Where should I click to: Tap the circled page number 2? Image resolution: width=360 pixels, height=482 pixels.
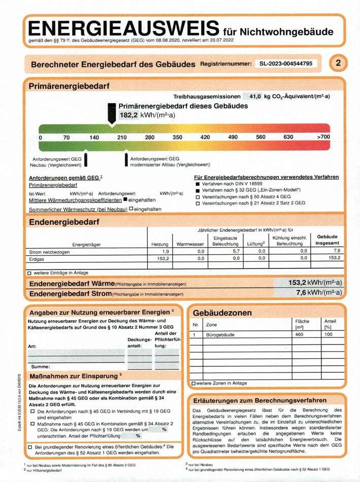point(339,63)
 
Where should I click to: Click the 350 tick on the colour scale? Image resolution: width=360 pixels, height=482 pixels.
point(177,137)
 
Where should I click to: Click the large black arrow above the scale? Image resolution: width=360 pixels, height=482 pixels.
point(111,114)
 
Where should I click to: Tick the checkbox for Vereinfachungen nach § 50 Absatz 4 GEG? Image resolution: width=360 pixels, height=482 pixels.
point(198,196)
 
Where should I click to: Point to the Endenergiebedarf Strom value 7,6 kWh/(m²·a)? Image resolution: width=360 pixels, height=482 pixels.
point(319,293)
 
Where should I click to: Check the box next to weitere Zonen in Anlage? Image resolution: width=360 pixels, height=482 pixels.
point(193,383)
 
